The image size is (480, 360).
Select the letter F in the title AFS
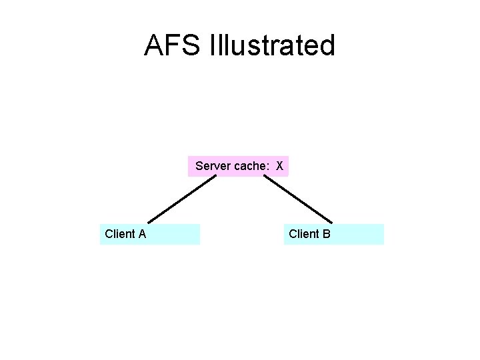point(173,45)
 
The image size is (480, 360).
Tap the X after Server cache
point(280,166)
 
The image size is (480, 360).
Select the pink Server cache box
point(238,166)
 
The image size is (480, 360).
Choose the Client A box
point(150,234)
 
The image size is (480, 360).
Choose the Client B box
point(333,234)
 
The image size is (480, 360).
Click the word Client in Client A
point(120,234)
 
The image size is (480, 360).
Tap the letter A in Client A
point(142,234)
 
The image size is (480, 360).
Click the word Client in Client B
point(303,234)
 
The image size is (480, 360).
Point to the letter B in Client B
point(326,234)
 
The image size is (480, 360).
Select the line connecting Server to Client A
point(181,199)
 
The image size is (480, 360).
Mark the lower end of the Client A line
point(149,222)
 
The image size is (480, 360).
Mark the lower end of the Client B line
point(331,222)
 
